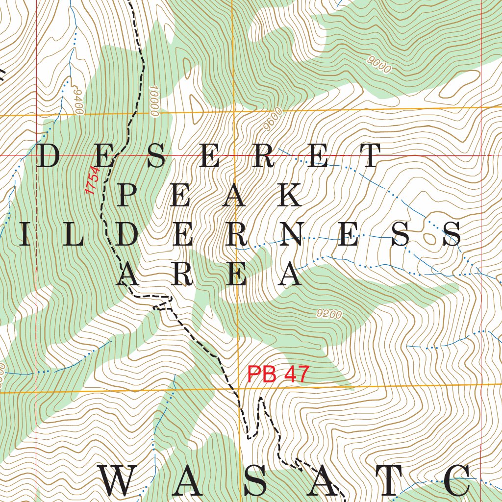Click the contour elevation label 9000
[x=379, y=65]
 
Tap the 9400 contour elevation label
[x=77, y=101]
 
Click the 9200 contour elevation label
[x=329, y=314]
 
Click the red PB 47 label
[x=278, y=375]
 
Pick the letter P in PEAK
[x=129, y=197]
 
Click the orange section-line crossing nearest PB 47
[x=238, y=390]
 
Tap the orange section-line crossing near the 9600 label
[x=234, y=111]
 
